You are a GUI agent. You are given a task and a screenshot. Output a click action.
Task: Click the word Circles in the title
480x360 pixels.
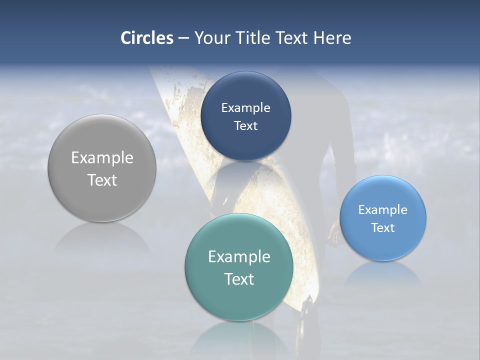click(146, 38)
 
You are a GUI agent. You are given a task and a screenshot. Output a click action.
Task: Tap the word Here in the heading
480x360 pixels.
click(332, 38)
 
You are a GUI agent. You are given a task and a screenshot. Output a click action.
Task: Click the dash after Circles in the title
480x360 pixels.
click(183, 38)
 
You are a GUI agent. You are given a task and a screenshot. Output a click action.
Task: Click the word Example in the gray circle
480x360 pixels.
click(102, 158)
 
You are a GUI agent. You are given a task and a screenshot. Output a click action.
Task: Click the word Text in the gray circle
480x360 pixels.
click(102, 180)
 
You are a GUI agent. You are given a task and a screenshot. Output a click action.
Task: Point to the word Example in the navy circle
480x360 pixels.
click(245, 108)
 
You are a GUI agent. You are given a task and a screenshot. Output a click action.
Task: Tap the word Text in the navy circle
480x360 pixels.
click(245, 126)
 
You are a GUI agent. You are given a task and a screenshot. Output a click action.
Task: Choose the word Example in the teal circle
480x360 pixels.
click(239, 257)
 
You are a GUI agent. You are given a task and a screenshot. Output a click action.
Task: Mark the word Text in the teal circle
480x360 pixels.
click(239, 279)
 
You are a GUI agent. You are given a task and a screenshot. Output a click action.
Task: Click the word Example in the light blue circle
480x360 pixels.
click(383, 210)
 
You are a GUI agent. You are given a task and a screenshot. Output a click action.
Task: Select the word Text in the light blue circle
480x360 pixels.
click(383, 228)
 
